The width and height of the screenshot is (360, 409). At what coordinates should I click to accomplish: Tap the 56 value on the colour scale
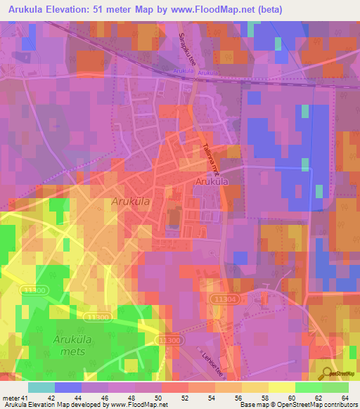(246, 398)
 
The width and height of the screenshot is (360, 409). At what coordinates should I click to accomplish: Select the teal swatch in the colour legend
(41, 387)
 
